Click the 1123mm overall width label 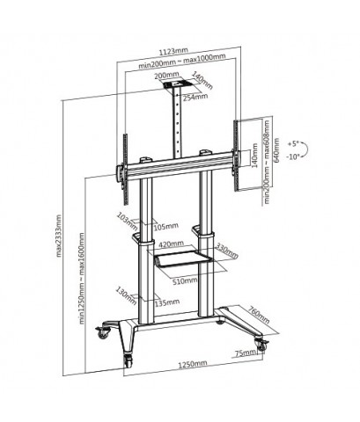coord(179,50)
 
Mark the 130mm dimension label coord(122,292)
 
